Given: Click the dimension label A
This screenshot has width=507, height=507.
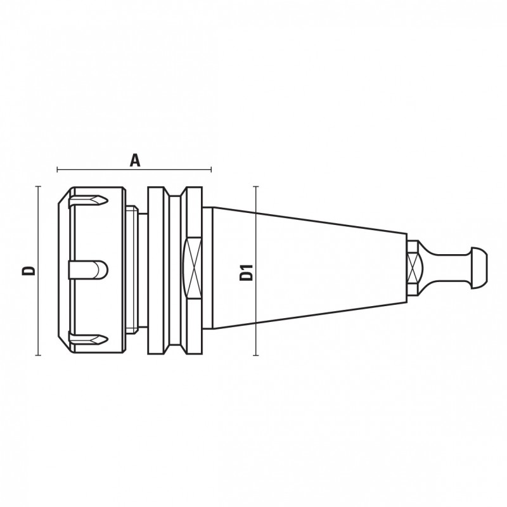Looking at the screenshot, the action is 135,160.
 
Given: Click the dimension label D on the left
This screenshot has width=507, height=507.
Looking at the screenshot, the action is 29,271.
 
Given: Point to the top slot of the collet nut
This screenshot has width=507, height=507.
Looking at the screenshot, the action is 88,200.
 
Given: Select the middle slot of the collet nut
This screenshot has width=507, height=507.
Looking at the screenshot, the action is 88,271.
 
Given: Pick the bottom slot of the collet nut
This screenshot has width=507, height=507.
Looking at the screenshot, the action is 88,339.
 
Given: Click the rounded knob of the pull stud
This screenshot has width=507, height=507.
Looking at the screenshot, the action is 478,267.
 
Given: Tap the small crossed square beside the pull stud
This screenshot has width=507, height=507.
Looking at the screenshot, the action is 413,267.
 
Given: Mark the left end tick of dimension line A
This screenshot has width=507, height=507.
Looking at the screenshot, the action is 57,169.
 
